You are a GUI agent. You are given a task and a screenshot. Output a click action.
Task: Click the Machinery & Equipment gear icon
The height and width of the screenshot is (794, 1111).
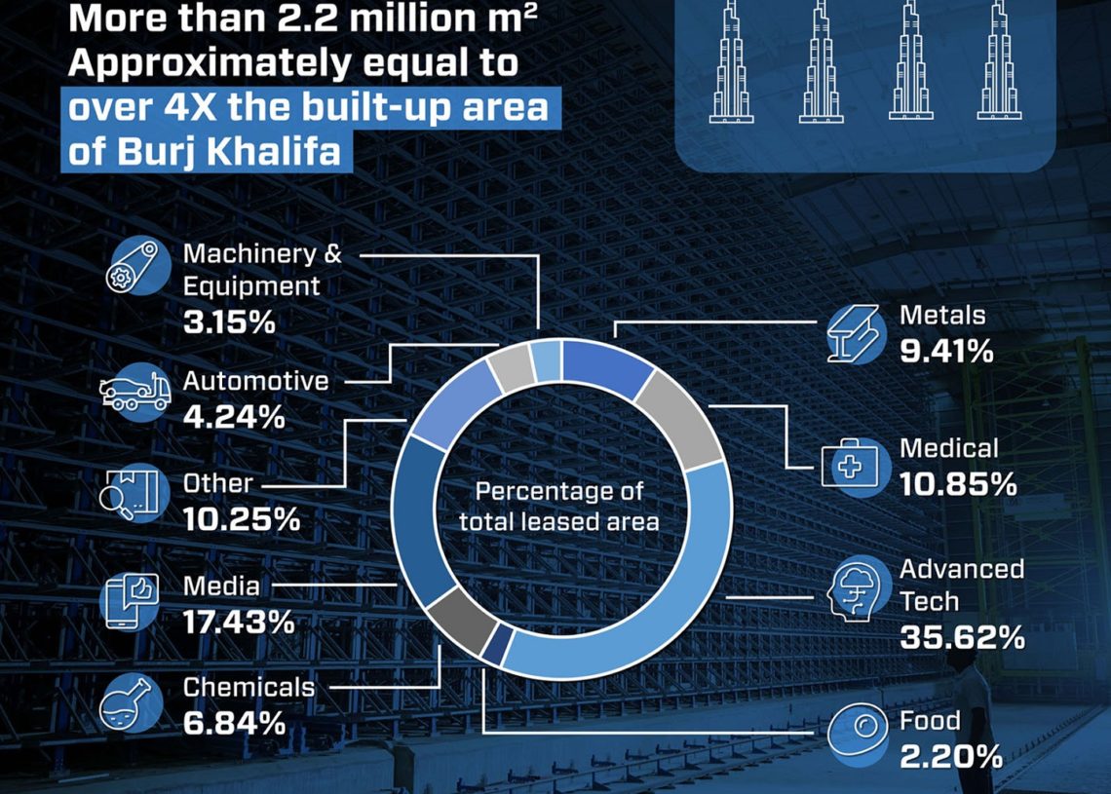(137, 266)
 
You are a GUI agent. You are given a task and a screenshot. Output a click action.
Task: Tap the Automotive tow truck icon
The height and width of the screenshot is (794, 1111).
(135, 393)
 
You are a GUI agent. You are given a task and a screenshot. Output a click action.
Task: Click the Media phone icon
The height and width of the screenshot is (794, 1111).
(130, 601)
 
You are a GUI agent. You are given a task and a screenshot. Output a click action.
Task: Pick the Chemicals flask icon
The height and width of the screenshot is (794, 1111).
(131, 702)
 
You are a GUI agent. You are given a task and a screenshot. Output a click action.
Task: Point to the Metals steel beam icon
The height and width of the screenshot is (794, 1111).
(857, 335)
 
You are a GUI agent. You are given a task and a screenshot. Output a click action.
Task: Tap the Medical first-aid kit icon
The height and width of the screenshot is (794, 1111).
(855, 466)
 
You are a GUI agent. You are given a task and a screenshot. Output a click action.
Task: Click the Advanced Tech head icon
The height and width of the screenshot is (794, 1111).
(857, 589)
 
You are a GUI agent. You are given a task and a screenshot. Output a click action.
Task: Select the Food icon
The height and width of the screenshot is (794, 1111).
(858, 733)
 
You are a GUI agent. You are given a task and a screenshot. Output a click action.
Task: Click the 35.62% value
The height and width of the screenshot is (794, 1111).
(962, 637)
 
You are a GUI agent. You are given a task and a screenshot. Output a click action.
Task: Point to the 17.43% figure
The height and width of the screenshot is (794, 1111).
(238, 623)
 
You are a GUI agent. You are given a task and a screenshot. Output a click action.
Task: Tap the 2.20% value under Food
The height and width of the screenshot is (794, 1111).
(951, 757)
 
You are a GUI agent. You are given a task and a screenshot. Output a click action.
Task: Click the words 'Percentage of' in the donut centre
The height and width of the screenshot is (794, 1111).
(559, 491)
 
